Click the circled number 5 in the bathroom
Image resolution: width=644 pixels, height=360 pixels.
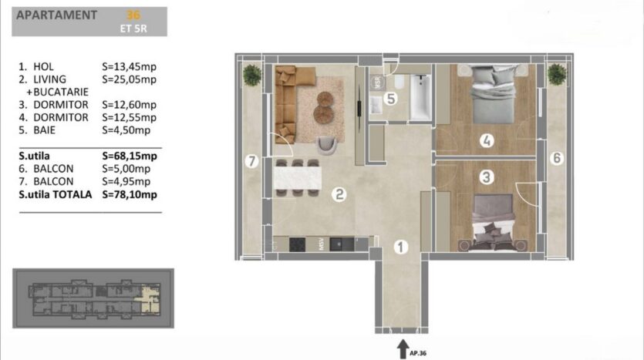coord(390,99)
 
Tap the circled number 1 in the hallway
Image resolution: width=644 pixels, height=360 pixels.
coord(401,247)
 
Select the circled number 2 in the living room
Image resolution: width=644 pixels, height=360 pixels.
coord(339,194)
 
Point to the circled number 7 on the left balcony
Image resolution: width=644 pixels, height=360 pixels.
coord(251,161)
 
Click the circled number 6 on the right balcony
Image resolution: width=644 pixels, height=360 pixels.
coord(557,158)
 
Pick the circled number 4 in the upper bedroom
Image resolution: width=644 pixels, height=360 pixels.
coord(487,141)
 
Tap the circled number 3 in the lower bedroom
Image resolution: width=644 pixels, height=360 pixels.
coord(487,177)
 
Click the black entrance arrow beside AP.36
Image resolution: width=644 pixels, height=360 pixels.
coord(403,349)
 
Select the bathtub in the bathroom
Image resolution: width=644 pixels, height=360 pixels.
coord(420,97)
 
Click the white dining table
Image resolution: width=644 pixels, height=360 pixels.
coord(298,178)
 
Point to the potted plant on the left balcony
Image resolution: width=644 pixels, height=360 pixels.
coord(251,75)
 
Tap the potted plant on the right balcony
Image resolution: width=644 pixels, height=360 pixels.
coord(557,74)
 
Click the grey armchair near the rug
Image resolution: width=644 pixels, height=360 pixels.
coord(327,146)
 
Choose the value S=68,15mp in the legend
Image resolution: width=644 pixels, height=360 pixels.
coord(130,156)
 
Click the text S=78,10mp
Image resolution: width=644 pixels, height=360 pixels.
coord(130,194)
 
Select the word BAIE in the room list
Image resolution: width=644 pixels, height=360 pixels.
coord(45,130)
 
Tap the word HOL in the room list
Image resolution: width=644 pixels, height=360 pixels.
coord(43,66)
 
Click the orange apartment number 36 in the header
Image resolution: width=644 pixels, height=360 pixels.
coord(133,15)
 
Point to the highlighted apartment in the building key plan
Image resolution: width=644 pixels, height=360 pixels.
coord(150,298)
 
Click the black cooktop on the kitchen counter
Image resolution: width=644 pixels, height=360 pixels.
coord(297,244)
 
